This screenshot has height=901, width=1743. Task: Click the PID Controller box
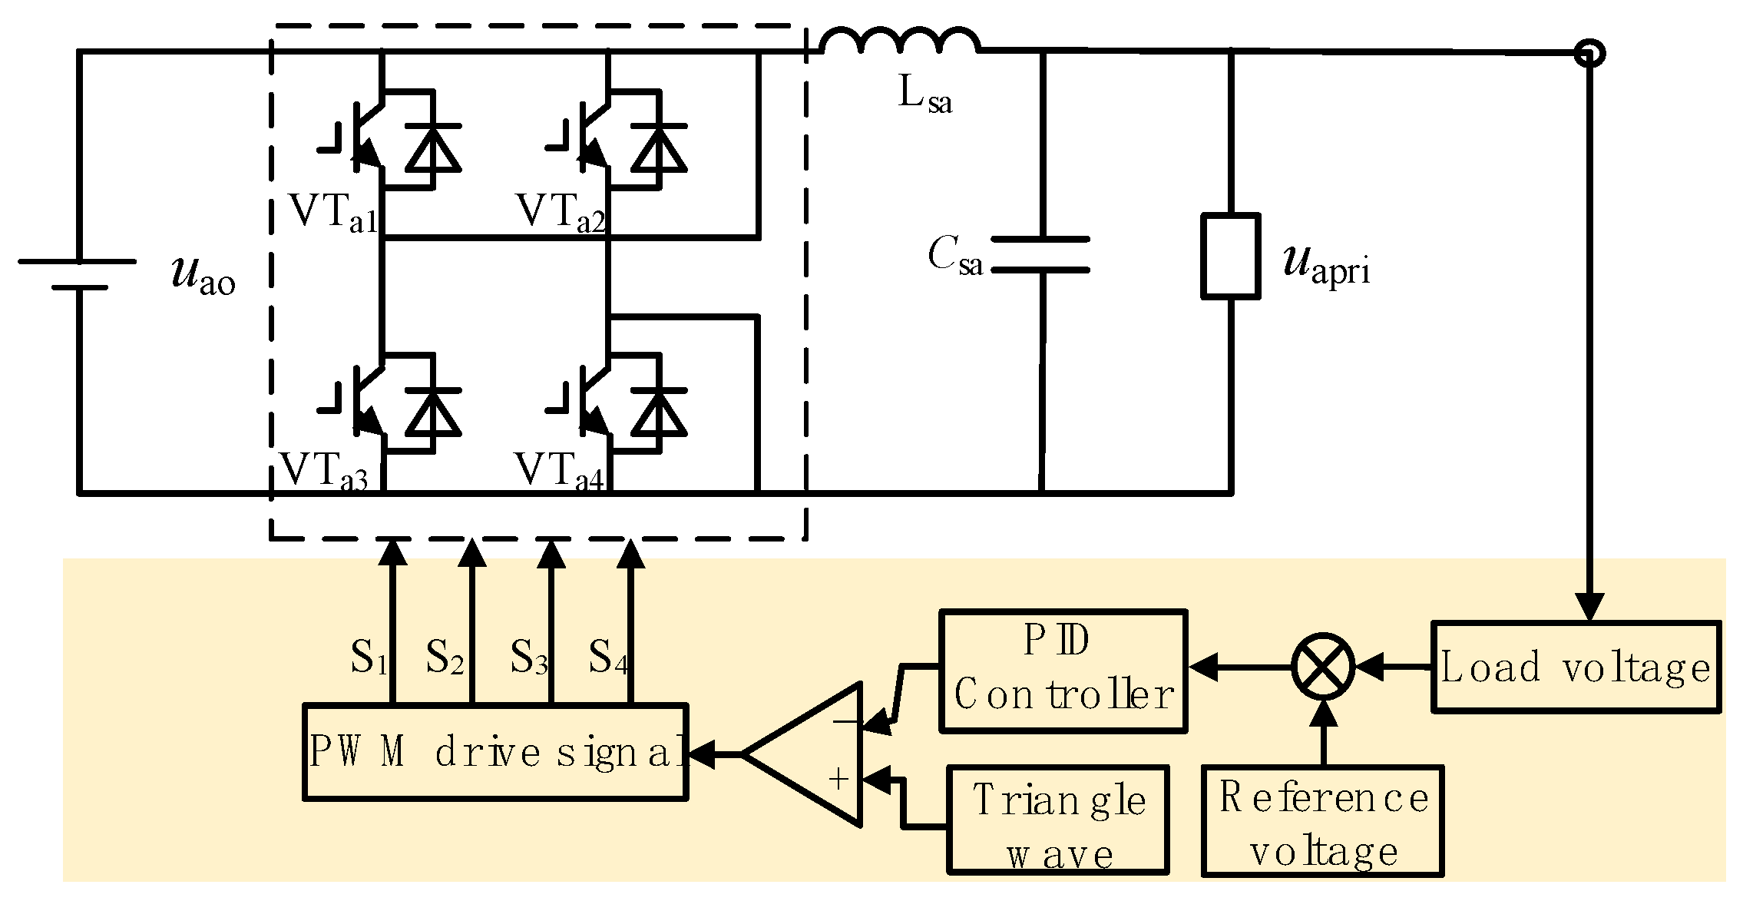[x=1063, y=671]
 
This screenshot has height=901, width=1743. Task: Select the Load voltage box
[x=1576, y=667]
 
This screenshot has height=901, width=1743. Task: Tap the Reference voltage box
[x=1322, y=820]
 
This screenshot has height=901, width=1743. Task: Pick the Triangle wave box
[x=1058, y=820]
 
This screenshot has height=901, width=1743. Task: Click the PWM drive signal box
[x=495, y=752]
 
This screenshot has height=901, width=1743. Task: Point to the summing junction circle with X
[x=1323, y=666]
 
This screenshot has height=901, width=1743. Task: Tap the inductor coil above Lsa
[x=900, y=41]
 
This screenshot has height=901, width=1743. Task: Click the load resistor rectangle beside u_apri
[x=1230, y=256]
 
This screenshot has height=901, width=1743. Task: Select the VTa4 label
[x=559, y=470]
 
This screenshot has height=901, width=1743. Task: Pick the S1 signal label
[x=368, y=658]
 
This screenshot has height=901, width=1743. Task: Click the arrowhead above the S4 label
[x=631, y=553]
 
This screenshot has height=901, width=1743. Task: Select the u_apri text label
[x=1326, y=265]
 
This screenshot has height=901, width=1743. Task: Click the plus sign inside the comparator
[x=838, y=780]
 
